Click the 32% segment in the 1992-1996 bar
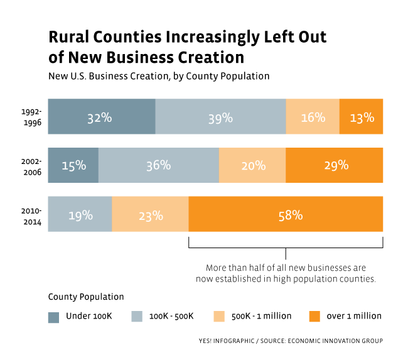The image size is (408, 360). click(x=101, y=117)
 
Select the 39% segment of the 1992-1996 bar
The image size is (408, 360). click(x=220, y=117)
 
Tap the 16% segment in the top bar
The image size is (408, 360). click(x=313, y=117)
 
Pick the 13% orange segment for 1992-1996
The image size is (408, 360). click(x=361, y=117)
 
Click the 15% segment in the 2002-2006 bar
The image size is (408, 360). click(x=73, y=165)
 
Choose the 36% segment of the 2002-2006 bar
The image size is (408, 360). click(x=158, y=165)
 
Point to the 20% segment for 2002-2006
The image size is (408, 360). click(x=252, y=165)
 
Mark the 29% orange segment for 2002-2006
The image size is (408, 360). click(x=334, y=165)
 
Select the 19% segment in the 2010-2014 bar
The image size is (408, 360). click(x=80, y=214)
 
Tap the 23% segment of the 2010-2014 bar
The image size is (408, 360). click(x=150, y=214)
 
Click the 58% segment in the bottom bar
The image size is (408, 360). click(x=286, y=214)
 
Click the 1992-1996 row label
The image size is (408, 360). click(x=30, y=117)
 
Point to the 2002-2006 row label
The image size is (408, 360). click(x=30, y=165)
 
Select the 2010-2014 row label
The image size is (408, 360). click(x=30, y=214)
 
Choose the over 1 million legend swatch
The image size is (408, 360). click(x=315, y=315)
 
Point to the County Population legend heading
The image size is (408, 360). click(x=86, y=297)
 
